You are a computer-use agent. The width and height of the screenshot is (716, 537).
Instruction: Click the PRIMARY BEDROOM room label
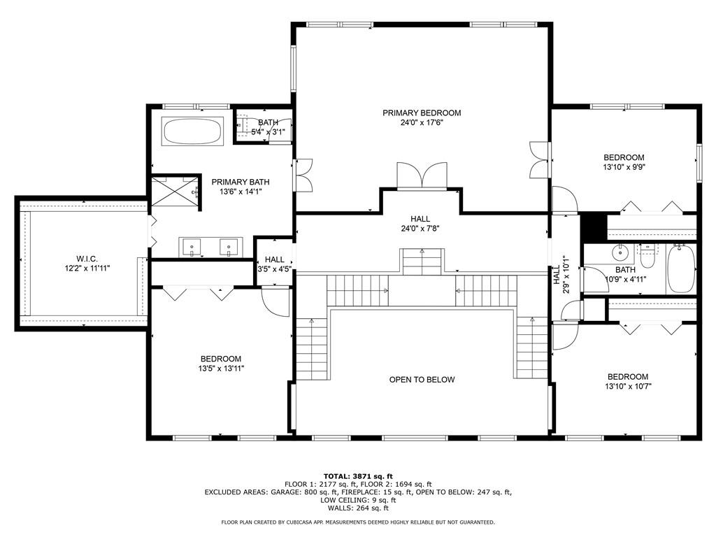422,113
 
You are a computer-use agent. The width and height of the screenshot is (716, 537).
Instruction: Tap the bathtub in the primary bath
192,131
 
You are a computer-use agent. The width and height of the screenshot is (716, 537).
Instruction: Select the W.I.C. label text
87,259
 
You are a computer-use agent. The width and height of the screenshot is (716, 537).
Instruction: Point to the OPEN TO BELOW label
422,380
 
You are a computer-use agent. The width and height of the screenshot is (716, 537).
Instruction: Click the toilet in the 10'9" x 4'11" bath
647,255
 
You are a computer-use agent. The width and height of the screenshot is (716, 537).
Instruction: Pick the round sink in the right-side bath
620,252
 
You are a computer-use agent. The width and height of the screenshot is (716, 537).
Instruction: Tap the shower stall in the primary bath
176,192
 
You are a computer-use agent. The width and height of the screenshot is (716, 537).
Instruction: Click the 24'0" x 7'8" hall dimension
420,229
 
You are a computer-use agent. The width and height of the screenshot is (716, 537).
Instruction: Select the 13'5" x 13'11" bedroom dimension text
221,368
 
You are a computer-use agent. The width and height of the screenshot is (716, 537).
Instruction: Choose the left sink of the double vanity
192,248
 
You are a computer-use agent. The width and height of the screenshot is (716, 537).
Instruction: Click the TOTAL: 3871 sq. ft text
358,476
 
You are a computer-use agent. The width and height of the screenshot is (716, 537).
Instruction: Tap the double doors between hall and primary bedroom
422,176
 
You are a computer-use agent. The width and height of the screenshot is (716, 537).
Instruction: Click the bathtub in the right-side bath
681,269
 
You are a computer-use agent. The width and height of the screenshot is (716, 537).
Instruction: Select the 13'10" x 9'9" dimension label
624,167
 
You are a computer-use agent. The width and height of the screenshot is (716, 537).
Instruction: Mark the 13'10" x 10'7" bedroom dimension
628,386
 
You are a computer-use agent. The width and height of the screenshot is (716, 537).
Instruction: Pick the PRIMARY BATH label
241,182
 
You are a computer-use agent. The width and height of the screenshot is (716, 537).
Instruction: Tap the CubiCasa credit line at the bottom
358,522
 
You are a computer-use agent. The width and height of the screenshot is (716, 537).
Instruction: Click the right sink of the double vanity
229,248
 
